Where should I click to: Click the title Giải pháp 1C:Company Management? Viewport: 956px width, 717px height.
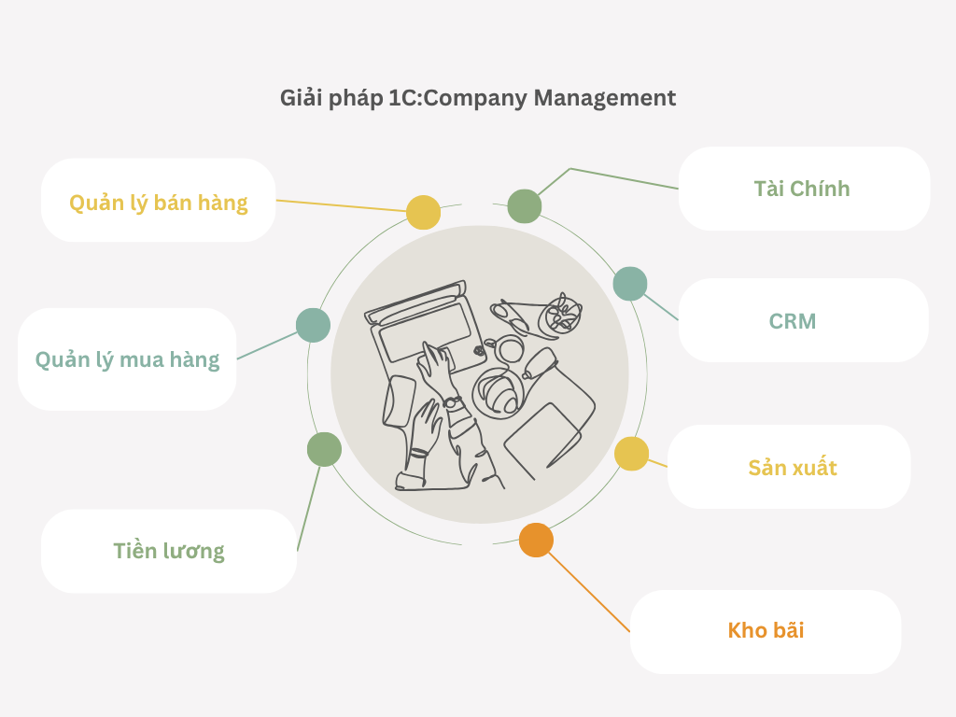[478, 98]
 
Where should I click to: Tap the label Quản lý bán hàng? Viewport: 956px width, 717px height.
[159, 203]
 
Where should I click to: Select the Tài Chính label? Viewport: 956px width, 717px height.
[802, 189]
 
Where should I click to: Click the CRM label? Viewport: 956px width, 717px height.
[793, 322]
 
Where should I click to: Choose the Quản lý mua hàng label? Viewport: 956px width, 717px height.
[128, 359]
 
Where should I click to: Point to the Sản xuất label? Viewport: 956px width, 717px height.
[793, 467]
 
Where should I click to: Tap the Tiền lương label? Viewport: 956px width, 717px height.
[169, 551]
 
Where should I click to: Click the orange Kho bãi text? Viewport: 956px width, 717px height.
[766, 630]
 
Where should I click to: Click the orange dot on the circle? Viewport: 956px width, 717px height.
[536, 540]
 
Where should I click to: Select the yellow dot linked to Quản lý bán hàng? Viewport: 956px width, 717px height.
[423, 212]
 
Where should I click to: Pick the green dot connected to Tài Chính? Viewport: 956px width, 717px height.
[525, 205]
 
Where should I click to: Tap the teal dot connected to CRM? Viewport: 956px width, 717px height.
[630, 284]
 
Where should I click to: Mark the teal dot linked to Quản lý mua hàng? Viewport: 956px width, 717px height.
[313, 325]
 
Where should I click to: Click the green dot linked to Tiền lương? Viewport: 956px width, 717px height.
[324, 449]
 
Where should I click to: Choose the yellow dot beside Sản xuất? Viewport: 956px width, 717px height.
[631, 454]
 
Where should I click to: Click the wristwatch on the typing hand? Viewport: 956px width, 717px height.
[453, 402]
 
